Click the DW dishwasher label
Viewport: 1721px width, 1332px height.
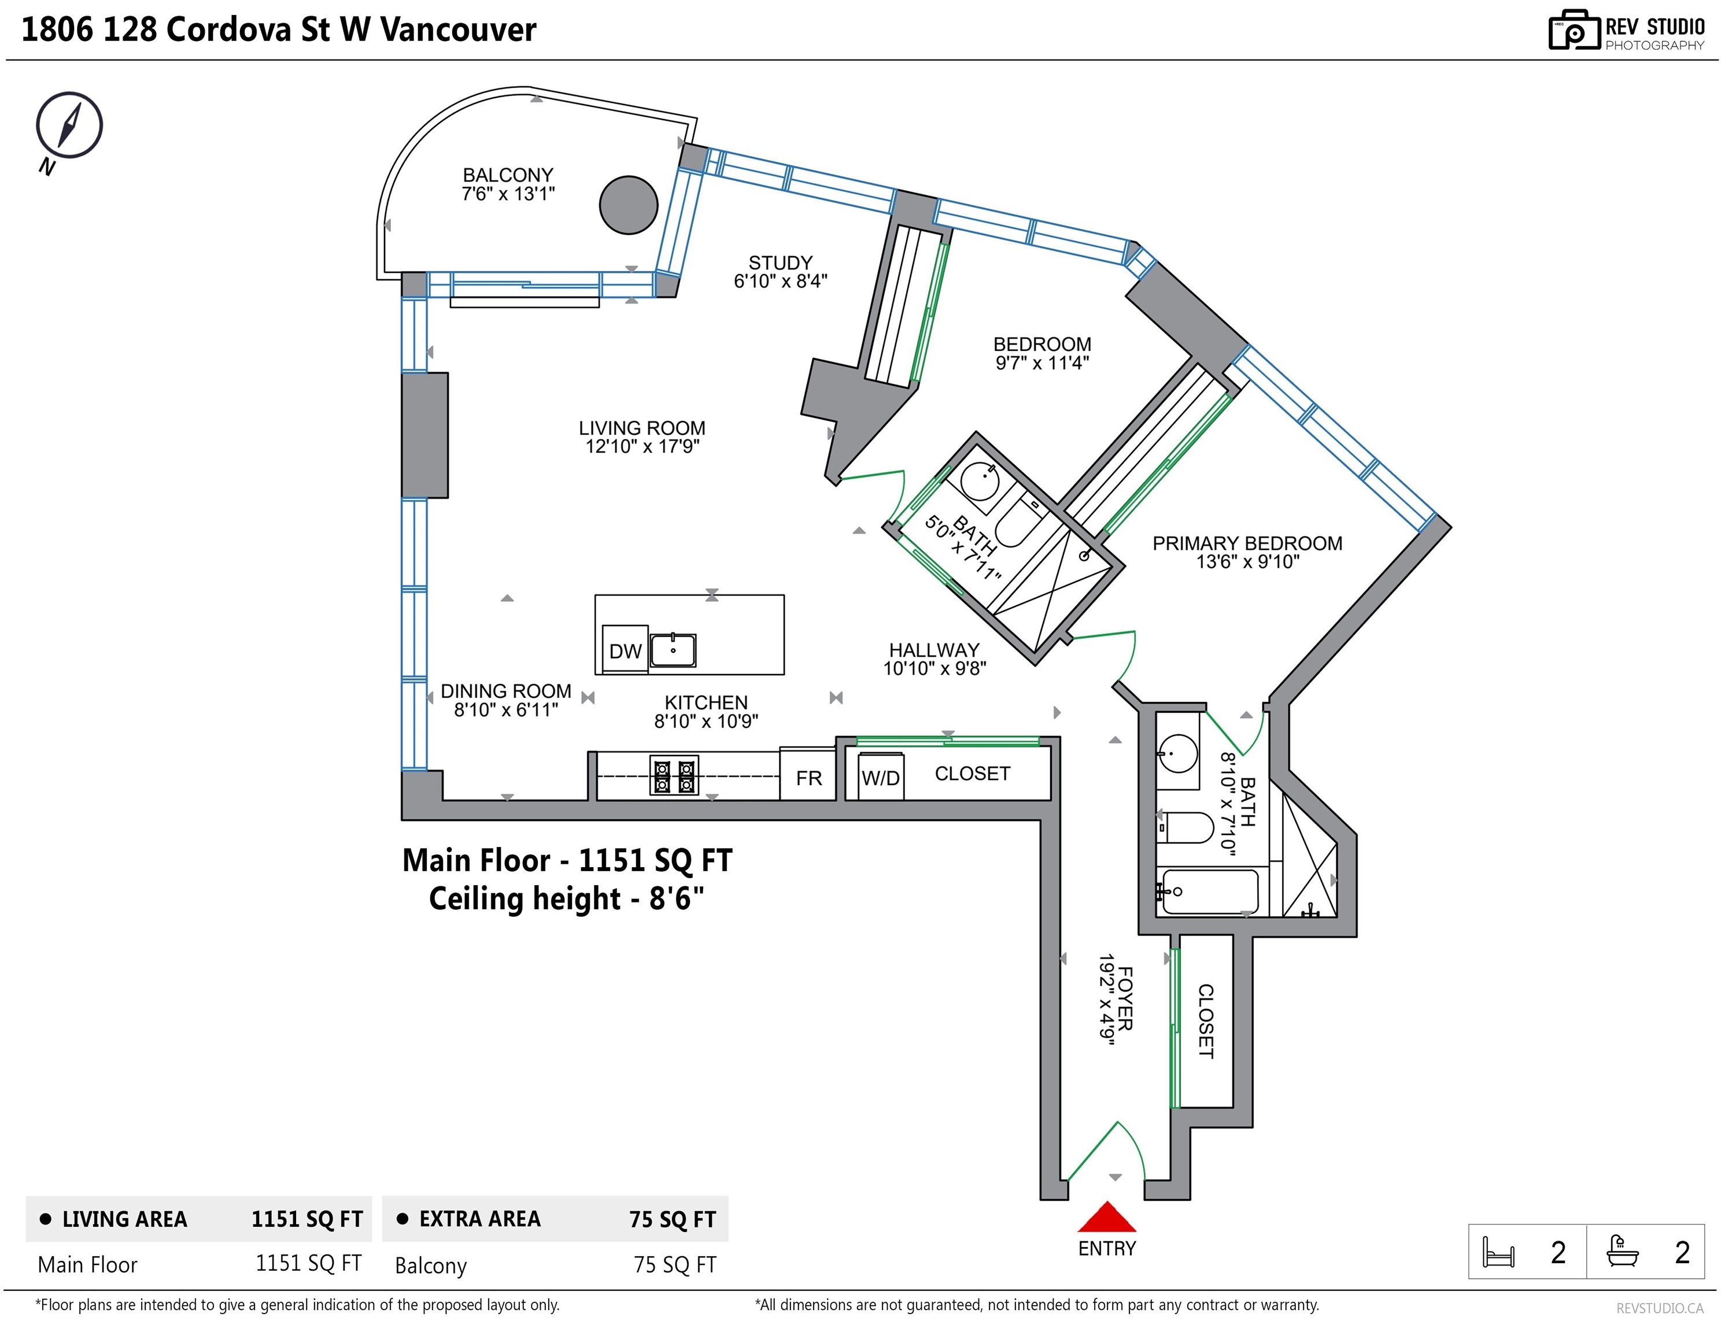coord(625,652)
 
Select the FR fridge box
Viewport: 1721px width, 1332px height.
coord(808,774)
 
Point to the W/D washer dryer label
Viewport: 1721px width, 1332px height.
coord(880,778)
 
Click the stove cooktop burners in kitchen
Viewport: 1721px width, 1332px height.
coord(674,775)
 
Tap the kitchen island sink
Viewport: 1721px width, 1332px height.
coord(673,650)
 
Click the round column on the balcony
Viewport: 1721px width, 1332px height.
coord(628,205)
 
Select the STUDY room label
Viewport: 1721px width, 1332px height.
coord(780,263)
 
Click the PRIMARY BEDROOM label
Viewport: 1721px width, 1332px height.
coord(1247,543)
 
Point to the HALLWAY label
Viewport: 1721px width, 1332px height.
coord(934,650)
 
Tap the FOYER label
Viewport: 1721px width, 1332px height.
coord(1125,999)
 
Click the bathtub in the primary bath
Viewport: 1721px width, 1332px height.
coord(1210,891)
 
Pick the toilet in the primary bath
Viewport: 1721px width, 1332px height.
coord(1186,828)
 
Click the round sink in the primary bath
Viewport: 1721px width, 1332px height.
coord(1178,754)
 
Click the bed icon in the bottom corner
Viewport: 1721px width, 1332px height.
coord(1498,1252)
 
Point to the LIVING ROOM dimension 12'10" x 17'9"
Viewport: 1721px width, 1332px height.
coord(642,447)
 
